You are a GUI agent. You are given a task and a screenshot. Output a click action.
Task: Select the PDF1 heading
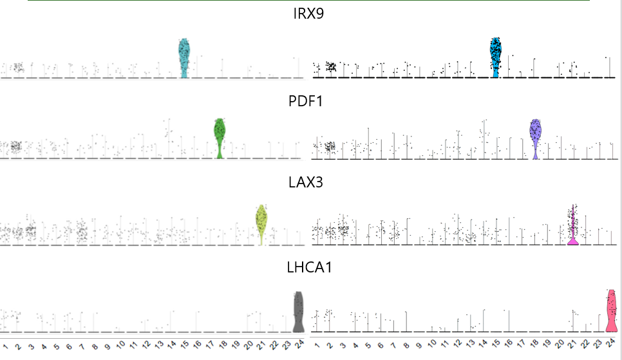[x=308, y=101]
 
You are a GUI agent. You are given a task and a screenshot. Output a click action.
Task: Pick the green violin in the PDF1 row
[x=220, y=137]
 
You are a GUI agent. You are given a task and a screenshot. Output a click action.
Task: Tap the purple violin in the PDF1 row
[x=535, y=137]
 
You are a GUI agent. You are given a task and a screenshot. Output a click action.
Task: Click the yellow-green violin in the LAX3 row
[x=261, y=222]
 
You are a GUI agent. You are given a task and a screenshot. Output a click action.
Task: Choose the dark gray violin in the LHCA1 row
[x=298, y=311]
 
